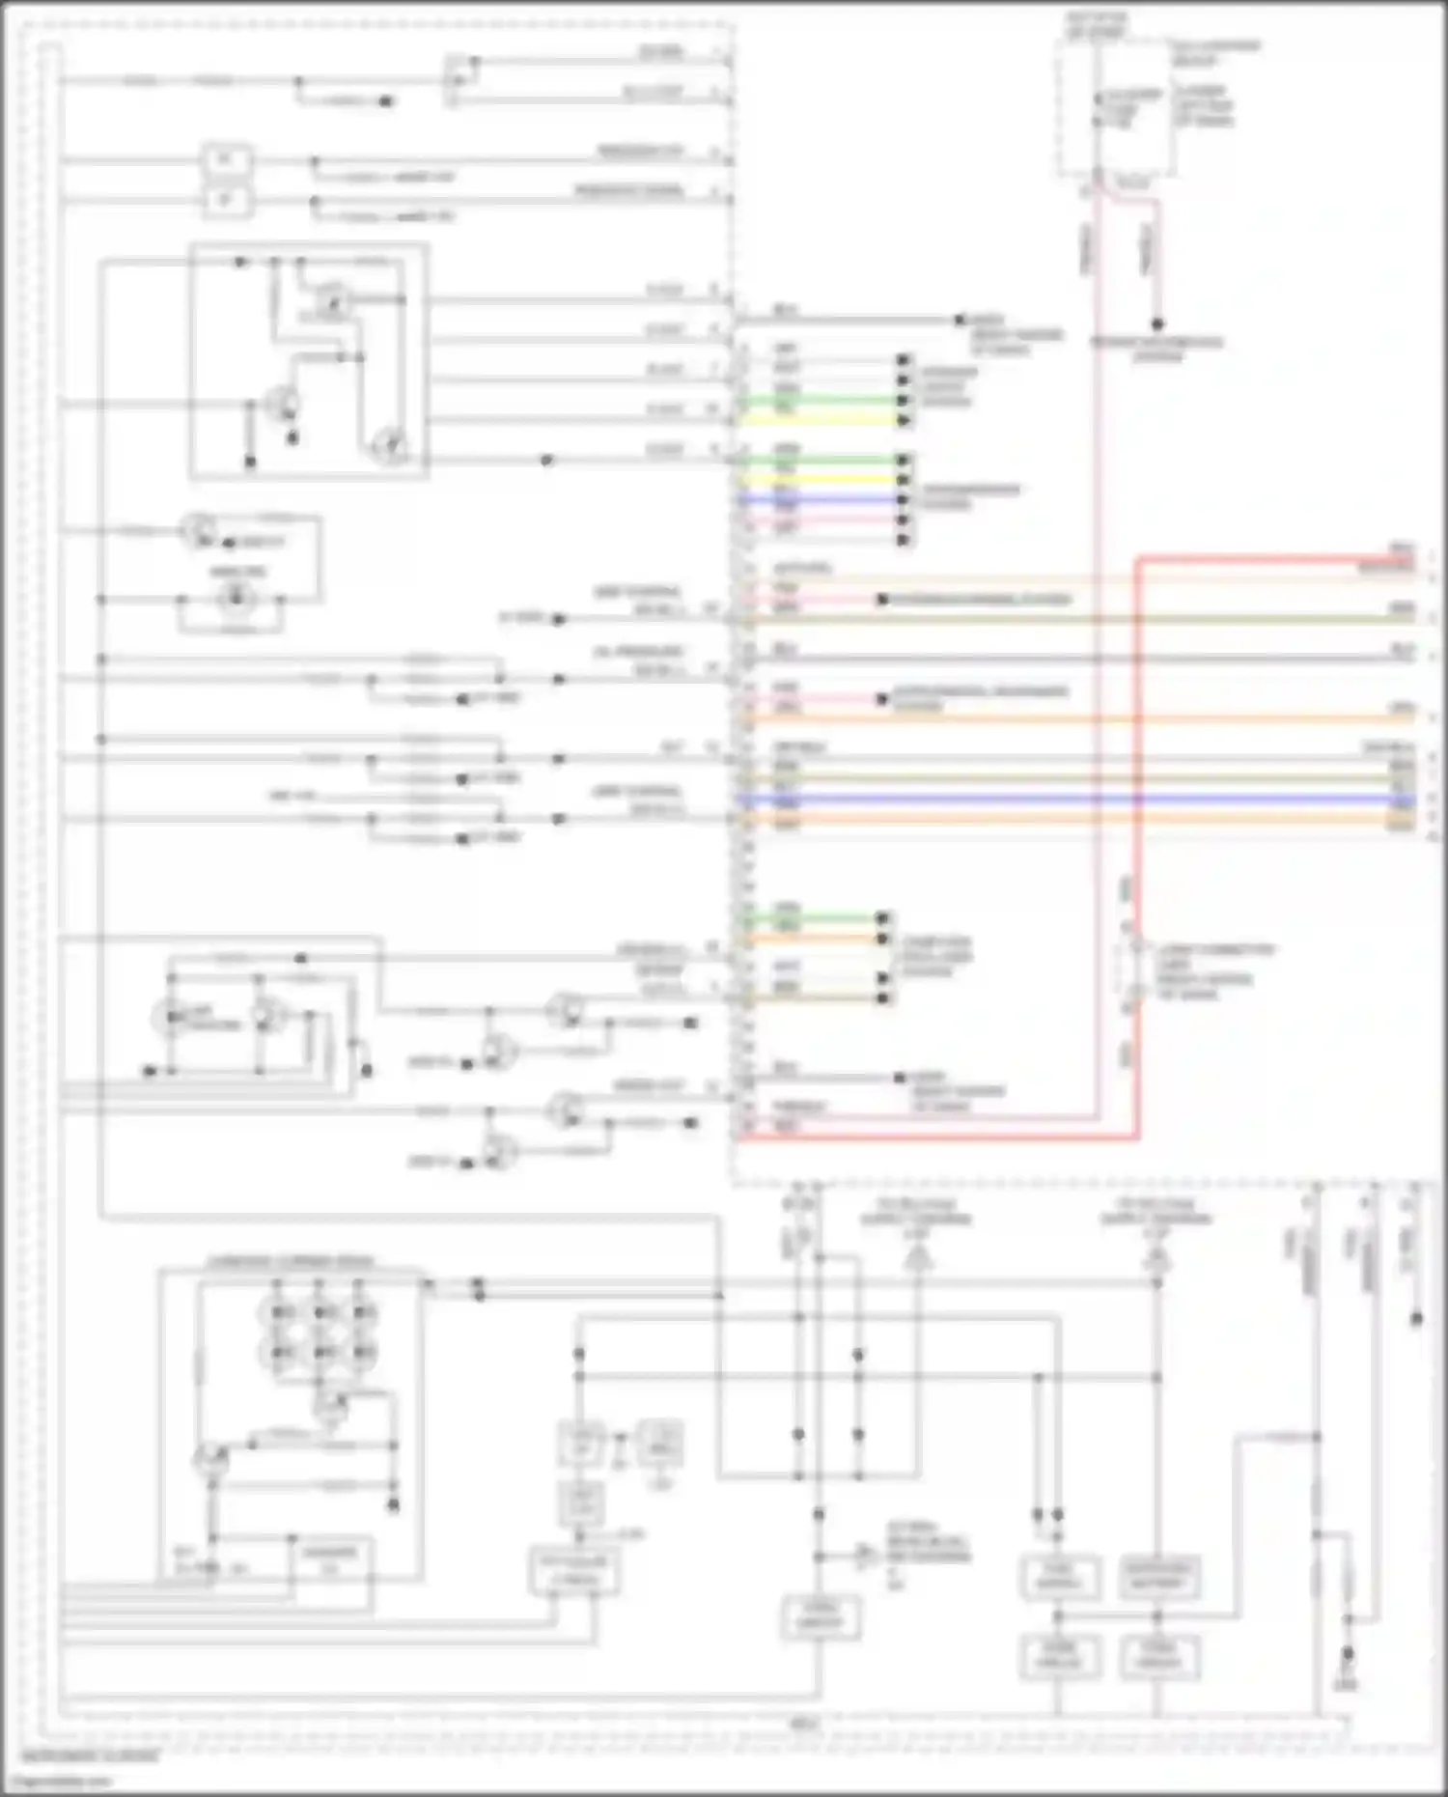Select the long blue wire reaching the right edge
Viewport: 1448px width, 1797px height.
click(x=1062, y=800)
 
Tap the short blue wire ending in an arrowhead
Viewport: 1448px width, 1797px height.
click(x=821, y=499)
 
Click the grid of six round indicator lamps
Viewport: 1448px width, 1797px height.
click(x=319, y=1333)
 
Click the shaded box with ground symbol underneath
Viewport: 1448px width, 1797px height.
click(x=661, y=1444)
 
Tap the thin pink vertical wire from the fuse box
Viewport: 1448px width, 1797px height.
click(x=1098, y=676)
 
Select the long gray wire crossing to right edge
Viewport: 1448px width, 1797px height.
click(x=1062, y=659)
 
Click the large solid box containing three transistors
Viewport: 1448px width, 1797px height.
click(x=309, y=361)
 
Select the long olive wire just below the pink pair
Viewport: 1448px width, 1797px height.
click(x=1062, y=619)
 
